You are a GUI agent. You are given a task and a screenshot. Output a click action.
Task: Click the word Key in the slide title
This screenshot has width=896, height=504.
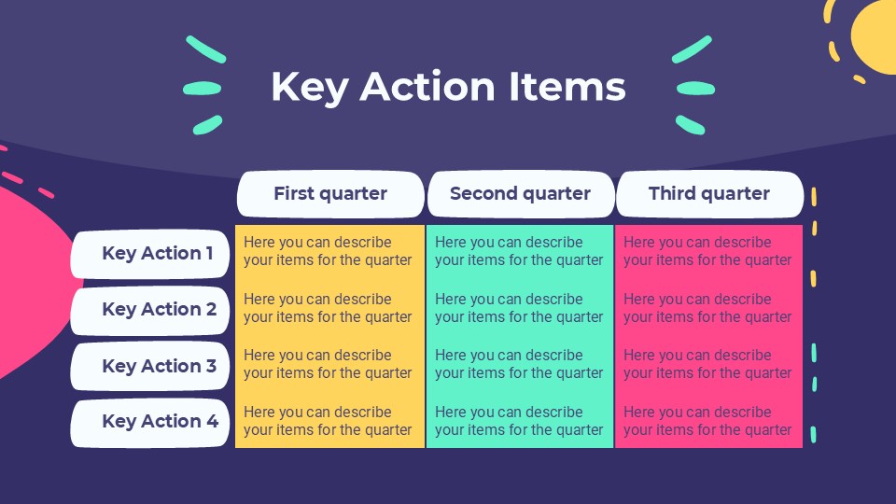[x=309, y=87]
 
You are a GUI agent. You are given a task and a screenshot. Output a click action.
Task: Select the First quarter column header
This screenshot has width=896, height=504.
[x=330, y=194]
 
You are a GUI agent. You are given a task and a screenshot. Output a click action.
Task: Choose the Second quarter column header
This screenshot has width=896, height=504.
[x=521, y=194]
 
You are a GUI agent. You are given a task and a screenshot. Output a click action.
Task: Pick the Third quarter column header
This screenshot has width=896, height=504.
[x=709, y=194]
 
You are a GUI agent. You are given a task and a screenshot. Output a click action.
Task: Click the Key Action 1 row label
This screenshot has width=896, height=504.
[x=149, y=254]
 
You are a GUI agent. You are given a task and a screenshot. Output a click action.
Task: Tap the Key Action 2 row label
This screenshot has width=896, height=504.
[x=149, y=310]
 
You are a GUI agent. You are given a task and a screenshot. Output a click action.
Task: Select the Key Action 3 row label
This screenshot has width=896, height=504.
[x=149, y=366]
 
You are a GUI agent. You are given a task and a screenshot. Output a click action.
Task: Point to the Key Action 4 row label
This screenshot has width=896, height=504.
[x=149, y=422]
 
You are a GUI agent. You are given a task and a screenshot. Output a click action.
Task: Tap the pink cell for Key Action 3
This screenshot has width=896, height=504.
[x=708, y=364]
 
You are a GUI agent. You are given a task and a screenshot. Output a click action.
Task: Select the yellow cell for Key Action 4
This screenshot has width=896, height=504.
[x=329, y=421]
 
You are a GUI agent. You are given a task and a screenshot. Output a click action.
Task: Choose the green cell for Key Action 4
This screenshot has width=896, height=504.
[x=520, y=421]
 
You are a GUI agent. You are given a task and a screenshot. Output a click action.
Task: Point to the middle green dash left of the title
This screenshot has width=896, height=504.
[x=203, y=89]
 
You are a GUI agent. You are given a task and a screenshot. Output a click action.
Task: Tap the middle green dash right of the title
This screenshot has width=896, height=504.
[x=695, y=89]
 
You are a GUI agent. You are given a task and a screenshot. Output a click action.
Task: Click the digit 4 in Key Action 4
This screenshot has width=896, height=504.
[x=212, y=421]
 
